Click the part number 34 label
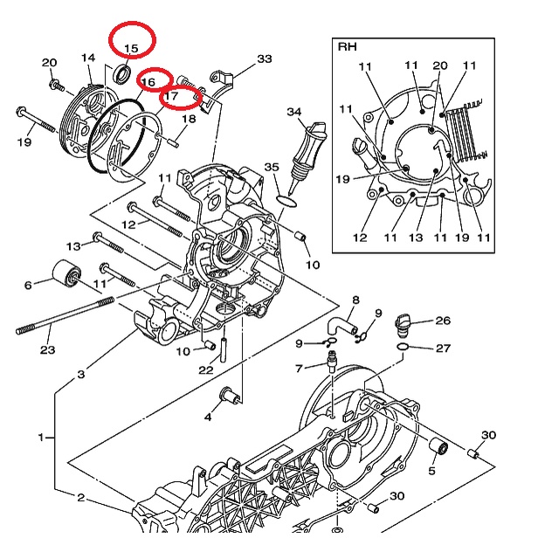[x=294, y=112]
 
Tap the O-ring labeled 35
[x=286, y=202]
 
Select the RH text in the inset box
[x=348, y=46]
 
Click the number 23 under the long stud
[x=48, y=350]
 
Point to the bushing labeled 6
[x=66, y=275]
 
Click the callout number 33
[x=264, y=59]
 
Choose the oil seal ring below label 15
[x=121, y=74]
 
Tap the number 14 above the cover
[x=88, y=58]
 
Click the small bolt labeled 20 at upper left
[x=57, y=85]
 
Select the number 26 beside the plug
[x=443, y=321]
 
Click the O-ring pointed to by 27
[x=403, y=348]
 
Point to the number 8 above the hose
[x=355, y=300]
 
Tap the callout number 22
[x=205, y=369]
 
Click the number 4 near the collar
[x=208, y=417]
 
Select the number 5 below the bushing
[x=431, y=471]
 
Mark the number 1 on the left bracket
[x=41, y=438]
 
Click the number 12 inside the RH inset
[x=360, y=238]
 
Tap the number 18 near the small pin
[x=189, y=119]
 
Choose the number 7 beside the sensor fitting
[x=299, y=369]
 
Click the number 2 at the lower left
[x=80, y=497]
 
